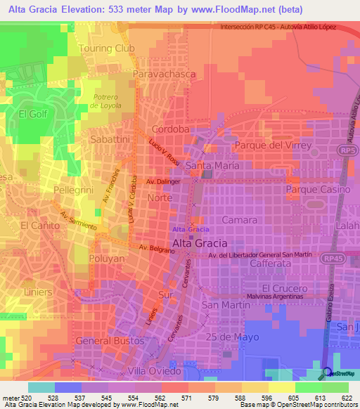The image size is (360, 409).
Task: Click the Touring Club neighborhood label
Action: click(107, 48)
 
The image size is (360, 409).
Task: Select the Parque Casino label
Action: click(318, 190)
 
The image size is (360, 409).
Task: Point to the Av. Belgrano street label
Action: click(155, 249)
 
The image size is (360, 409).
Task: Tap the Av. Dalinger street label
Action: click(164, 181)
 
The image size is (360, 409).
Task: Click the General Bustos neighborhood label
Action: click(109, 340)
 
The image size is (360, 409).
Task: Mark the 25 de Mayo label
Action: click(235, 337)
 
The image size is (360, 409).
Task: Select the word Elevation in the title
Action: click(86, 11)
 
